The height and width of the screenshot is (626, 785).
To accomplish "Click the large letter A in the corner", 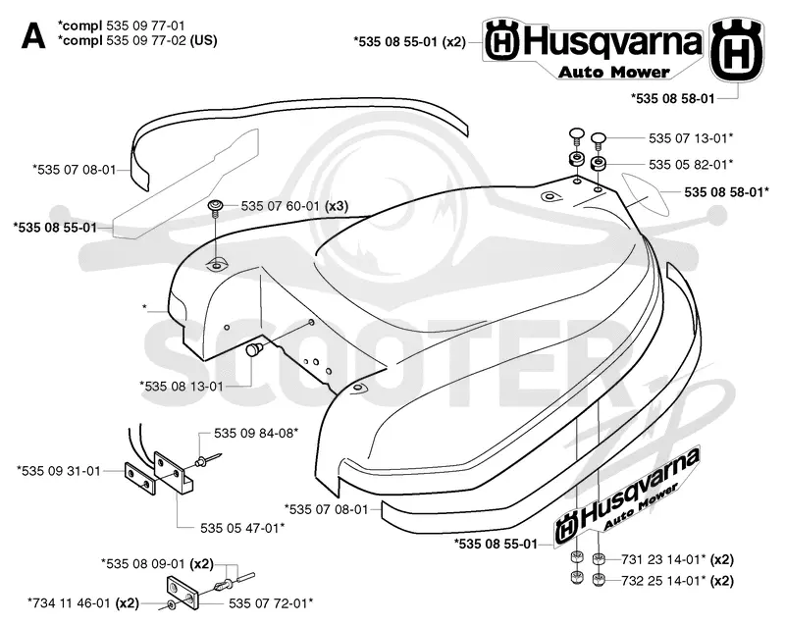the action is [33, 36].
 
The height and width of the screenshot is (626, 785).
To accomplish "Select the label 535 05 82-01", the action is [691, 164].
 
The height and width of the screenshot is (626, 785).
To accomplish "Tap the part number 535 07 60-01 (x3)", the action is [294, 206].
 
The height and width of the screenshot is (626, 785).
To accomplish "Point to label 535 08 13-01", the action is [182, 387].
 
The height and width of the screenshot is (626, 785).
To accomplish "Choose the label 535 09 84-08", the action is [256, 433].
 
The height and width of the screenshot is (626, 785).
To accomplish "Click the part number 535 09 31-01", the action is [59, 471].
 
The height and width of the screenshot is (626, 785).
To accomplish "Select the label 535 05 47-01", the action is [242, 528].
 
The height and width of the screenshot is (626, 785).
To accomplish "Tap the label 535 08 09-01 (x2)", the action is [157, 564].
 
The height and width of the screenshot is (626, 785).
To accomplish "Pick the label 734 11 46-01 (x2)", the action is [83, 603].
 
